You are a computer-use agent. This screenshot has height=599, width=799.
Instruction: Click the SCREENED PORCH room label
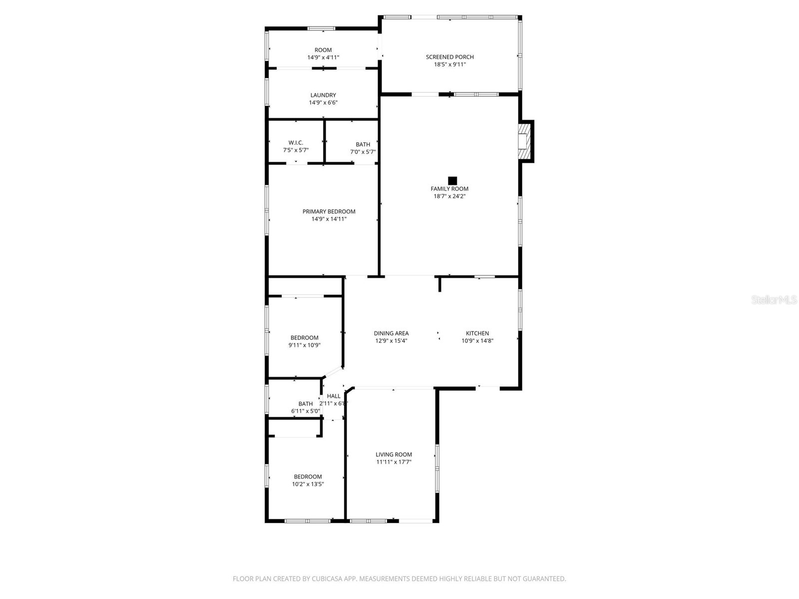tap(449, 57)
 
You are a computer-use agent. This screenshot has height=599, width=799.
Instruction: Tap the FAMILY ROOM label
tap(449, 189)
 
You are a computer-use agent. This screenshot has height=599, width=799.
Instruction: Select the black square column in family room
tap(452, 181)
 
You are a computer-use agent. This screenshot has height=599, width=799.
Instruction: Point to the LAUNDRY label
tap(323, 95)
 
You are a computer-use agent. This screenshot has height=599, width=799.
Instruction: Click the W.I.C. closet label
tap(296, 143)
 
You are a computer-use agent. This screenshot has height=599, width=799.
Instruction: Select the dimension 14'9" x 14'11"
tap(329, 219)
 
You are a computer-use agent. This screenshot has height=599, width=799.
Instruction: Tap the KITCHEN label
tap(477, 333)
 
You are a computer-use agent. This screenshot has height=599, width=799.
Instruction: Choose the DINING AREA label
tap(391, 333)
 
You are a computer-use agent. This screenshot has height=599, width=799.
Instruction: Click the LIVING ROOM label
tap(394, 455)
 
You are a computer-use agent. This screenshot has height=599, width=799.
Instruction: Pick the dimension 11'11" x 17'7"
tap(394, 462)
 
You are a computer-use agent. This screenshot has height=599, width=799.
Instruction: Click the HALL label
tap(334, 396)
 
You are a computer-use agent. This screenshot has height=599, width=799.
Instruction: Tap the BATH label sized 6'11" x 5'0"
tap(306, 404)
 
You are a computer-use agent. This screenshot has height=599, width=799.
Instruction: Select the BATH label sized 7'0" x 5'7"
tap(363, 145)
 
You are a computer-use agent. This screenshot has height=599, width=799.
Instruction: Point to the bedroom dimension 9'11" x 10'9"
tap(304, 345)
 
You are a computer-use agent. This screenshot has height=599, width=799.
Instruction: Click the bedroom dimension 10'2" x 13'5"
tap(308, 484)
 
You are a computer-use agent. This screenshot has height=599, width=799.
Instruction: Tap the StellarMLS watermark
tap(774, 300)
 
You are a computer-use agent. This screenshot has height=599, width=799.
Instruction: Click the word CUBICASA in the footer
tap(328, 579)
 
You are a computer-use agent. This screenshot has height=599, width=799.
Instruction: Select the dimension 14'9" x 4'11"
tap(323, 57)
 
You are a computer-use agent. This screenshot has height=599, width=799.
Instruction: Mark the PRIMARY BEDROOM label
tap(329, 212)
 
